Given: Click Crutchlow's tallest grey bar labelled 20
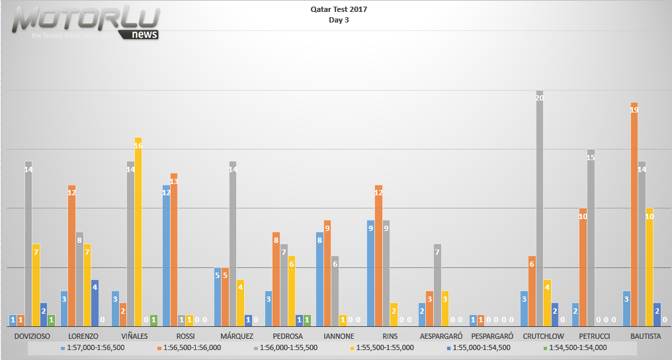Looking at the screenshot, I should click(x=540, y=208).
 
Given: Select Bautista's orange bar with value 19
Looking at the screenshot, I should click(x=634, y=214).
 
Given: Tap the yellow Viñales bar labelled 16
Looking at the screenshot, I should click(x=138, y=232).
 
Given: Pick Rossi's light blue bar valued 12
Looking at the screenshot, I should click(x=166, y=255).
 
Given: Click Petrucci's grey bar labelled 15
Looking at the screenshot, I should click(x=591, y=238).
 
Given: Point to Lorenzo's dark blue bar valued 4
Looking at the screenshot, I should click(x=95, y=303).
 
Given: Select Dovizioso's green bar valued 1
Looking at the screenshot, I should click(x=52, y=320).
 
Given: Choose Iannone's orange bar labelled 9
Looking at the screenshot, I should click(x=327, y=273).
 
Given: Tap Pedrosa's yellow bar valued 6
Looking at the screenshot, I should click(x=292, y=291).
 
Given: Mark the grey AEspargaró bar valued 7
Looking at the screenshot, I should click(x=437, y=285).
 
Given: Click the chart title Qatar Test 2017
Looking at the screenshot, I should click(x=339, y=10).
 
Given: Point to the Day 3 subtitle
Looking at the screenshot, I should click(x=339, y=20).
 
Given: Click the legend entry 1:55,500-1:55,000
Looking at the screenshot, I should click(x=384, y=347).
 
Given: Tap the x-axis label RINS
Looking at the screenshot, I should click(x=390, y=336).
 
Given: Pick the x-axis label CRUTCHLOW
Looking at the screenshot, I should click(x=544, y=336).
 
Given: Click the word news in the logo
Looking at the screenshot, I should click(x=145, y=34).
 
